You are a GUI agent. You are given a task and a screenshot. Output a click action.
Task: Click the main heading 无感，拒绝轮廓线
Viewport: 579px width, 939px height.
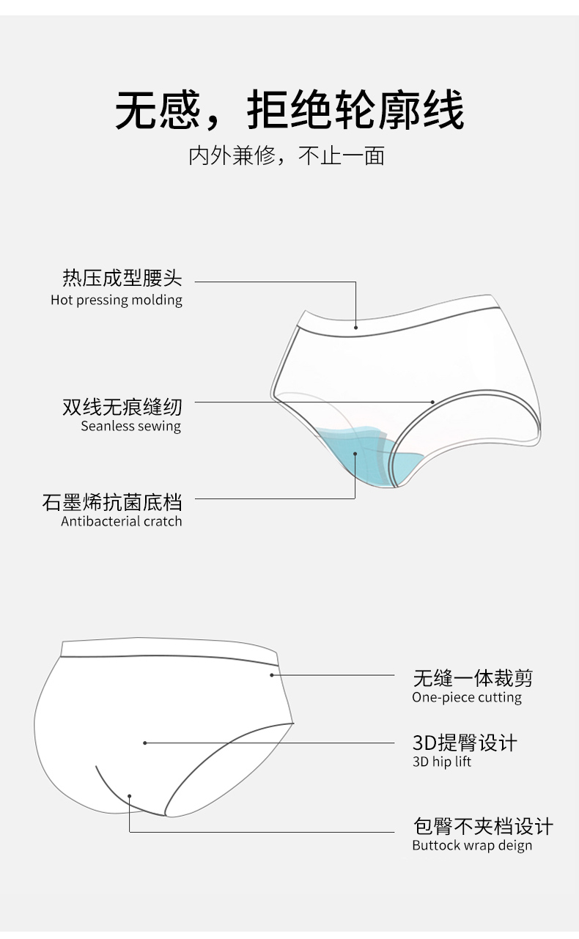(289, 111)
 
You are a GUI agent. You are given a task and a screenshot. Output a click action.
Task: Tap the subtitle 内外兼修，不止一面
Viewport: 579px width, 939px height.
(287, 156)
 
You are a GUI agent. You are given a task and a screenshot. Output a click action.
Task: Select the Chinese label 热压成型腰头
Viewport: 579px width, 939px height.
(122, 279)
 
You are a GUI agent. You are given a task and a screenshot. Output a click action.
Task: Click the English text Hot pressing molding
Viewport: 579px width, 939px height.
(117, 300)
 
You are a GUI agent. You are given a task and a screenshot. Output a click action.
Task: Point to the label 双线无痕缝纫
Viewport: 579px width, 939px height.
(122, 406)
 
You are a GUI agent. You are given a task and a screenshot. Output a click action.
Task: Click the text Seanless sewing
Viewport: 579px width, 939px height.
(130, 426)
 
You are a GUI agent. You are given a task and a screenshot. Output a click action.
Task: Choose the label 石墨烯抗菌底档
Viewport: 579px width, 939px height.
(112, 502)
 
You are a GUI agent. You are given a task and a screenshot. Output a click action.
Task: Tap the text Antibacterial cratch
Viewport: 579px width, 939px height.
(121, 521)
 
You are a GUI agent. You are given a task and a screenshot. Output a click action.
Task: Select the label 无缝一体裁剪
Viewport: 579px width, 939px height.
(473, 677)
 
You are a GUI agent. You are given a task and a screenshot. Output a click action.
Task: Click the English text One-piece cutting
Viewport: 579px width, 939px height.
(467, 697)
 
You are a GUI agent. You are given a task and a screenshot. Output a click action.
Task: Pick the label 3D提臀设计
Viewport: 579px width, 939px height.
(465, 743)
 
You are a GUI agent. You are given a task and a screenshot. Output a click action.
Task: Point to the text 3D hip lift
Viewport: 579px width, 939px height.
(442, 762)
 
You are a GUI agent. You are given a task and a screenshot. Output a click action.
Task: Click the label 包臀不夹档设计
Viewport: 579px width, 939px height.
(483, 827)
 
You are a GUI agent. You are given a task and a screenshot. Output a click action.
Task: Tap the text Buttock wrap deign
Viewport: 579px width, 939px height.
(472, 846)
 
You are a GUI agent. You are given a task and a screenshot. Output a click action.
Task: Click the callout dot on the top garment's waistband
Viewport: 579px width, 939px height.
(355, 327)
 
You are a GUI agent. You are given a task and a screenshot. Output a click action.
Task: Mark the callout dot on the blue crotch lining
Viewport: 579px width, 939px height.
(355, 454)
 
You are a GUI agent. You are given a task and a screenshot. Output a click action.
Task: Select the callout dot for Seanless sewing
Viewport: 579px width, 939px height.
(433, 402)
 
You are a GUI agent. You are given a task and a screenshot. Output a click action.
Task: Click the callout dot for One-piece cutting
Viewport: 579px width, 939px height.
(272, 674)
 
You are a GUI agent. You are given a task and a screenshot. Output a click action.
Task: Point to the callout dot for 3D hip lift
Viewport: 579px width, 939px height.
(145, 743)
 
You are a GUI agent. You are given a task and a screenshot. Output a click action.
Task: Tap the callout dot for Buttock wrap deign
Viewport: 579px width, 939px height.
(130, 795)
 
